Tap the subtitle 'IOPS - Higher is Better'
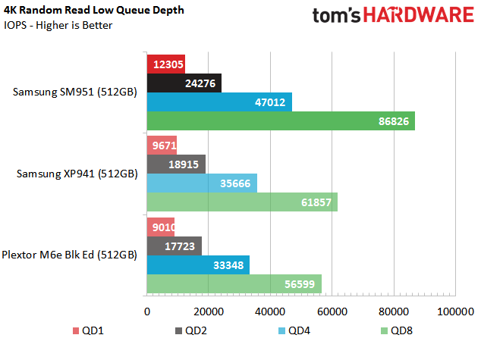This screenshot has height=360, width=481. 58,25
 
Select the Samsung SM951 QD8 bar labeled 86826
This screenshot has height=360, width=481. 280,121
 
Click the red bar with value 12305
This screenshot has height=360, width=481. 165,64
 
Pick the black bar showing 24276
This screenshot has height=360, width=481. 184,83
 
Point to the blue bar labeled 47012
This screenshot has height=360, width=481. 219,102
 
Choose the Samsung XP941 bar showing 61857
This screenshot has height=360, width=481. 242,202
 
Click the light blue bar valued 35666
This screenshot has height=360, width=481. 201,183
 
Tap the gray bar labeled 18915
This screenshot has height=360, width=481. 176,164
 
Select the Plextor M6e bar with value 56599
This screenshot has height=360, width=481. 234,283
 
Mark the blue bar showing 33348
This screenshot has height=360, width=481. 198,264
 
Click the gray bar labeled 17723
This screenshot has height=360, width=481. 174,245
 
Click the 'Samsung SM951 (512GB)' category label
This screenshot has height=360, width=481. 75,92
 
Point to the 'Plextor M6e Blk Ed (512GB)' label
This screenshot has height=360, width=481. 69,255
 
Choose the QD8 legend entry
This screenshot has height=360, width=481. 398,330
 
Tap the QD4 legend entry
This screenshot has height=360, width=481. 294,330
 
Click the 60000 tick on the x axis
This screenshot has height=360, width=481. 332,311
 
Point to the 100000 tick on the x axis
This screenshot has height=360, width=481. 455,311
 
